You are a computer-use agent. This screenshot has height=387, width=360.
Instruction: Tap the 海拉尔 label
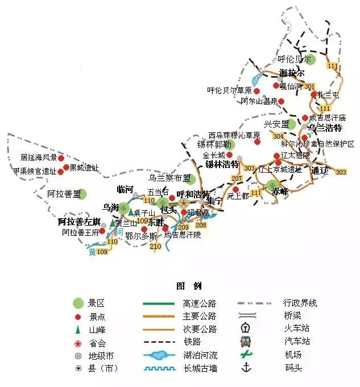click(292, 73)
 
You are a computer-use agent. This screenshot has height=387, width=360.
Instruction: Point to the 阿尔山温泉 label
click(259, 102)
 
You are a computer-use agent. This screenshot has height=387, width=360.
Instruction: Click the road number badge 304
click(278, 136)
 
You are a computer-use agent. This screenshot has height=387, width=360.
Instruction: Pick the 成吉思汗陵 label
click(183, 235)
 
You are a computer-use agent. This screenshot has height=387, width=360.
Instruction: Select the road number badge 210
click(155, 247)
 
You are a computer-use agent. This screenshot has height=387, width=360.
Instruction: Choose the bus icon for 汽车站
click(246, 342)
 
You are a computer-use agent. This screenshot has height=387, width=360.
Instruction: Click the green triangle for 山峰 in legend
click(78, 329)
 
